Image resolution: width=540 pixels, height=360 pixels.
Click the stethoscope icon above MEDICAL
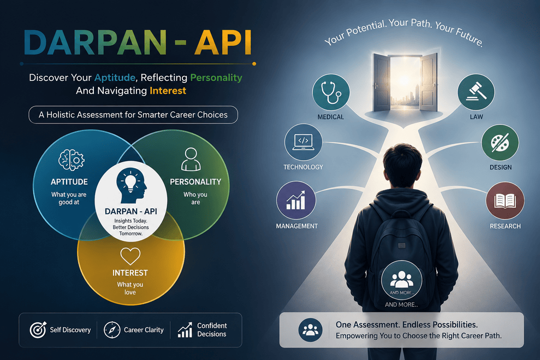[x=331, y=92]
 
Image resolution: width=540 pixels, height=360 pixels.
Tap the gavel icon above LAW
[x=476, y=91]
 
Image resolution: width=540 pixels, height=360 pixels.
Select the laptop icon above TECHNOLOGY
[x=303, y=142]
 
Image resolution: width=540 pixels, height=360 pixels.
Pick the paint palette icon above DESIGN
[x=500, y=142]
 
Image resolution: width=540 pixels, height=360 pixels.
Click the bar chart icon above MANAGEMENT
[x=296, y=200]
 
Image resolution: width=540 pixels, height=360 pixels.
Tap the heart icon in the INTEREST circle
[x=130, y=256]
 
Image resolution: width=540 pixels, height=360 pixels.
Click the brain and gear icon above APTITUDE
[x=72, y=160]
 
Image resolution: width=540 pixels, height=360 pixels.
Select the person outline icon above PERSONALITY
[x=191, y=159]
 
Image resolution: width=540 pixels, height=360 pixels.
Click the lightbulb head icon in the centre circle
[x=131, y=185]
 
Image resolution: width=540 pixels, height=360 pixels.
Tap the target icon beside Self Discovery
[x=38, y=330]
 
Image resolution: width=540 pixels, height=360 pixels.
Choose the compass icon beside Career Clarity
[x=112, y=330]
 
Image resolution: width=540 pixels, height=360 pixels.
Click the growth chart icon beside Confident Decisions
[x=185, y=330]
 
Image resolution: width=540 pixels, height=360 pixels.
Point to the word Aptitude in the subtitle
[x=115, y=78]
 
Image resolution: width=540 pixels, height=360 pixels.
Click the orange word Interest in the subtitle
[x=168, y=91]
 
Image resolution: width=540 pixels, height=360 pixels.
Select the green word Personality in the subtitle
[x=216, y=78]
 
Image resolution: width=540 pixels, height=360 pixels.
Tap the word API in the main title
[x=223, y=43]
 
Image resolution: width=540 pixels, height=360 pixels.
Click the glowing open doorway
[x=405, y=82]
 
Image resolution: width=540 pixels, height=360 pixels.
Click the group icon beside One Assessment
[x=310, y=330]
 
